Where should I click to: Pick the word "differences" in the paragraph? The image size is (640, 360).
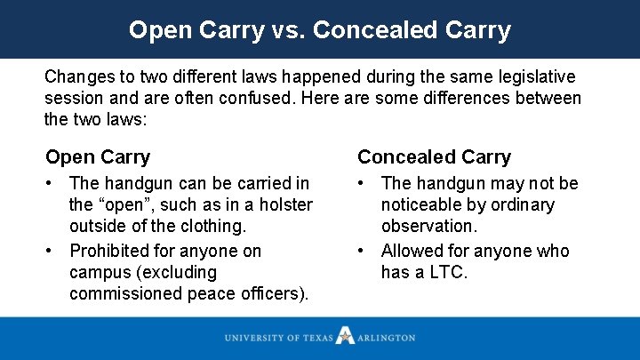(x=476, y=98)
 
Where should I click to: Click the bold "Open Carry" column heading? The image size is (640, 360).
(x=98, y=157)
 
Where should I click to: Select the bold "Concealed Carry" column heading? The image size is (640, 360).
(x=434, y=157)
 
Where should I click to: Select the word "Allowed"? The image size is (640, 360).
(x=414, y=251)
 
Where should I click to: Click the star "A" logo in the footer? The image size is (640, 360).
(x=344, y=337)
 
